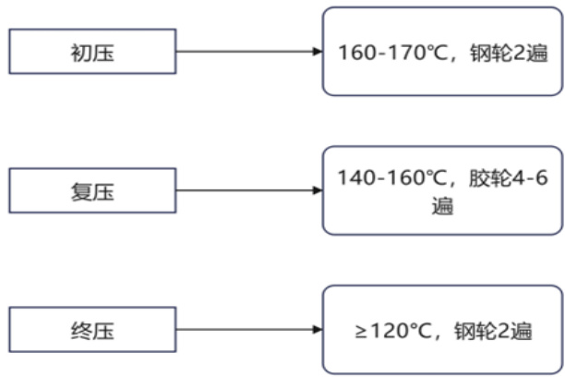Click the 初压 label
[x=91, y=52]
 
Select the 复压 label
[x=91, y=191]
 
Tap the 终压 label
[x=91, y=330]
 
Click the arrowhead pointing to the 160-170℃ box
[x=317, y=52]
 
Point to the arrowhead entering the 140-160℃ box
[x=317, y=191]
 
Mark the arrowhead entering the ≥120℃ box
[x=317, y=330]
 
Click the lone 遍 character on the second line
[x=442, y=204]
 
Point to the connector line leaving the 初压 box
[x=245, y=52]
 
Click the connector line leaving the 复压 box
[x=245, y=191]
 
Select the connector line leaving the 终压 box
[x=245, y=330]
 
